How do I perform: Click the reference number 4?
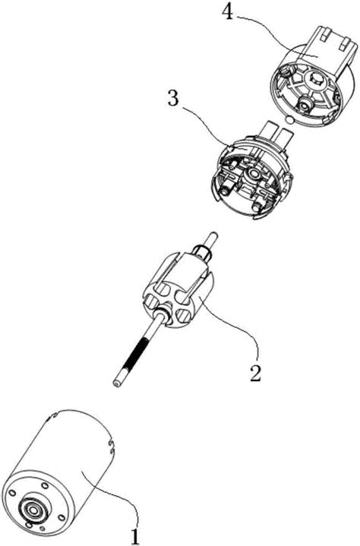(227, 13)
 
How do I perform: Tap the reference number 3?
(173, 98)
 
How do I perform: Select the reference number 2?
(255, 373)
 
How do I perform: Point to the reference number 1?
(135, 536)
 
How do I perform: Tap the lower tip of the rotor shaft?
(115, 383)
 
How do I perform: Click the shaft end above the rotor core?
(212, 238)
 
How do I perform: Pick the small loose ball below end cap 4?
(289, 120)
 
